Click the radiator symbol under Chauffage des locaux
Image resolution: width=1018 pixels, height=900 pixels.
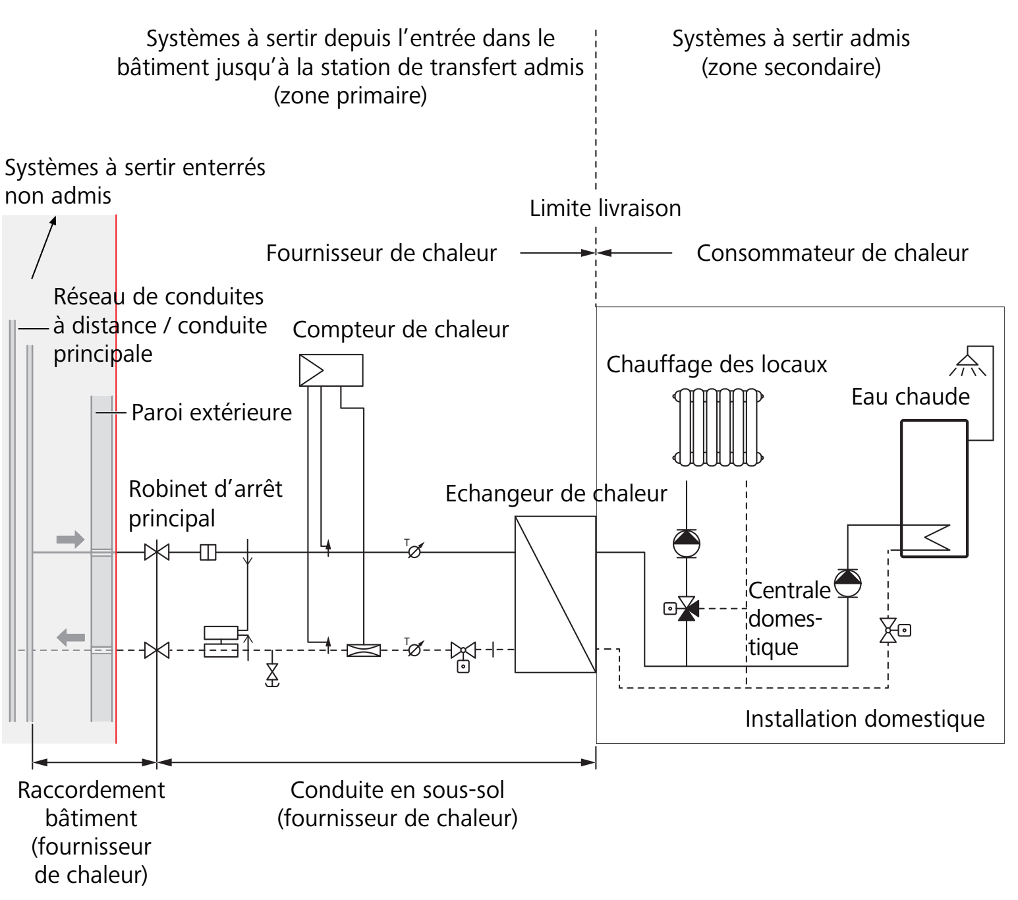718,427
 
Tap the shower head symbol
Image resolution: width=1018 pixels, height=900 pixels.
967,364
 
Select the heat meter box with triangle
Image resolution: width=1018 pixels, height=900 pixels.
331,370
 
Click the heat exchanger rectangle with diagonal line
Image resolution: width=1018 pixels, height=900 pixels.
555,594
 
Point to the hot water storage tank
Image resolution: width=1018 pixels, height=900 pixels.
934,488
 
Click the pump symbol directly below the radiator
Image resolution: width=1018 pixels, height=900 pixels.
687,544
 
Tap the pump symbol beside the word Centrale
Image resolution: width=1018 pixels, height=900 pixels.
847,583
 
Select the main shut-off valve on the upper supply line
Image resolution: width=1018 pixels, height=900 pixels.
157,552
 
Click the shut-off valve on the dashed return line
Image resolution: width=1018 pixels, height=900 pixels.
157,650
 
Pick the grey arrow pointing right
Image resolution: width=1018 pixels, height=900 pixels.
71,540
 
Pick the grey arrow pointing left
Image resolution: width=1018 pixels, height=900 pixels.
71,637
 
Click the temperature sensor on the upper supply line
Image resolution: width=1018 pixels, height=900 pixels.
414,551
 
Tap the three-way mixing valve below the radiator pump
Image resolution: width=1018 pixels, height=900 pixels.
687,608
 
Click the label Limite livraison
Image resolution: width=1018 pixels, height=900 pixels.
605,208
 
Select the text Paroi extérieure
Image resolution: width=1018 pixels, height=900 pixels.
212,412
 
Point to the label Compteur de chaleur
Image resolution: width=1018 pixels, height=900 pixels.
401,329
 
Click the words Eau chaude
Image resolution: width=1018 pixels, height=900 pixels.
911,397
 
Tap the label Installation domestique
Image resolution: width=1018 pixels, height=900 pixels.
864,719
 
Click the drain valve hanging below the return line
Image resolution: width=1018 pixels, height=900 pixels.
272,673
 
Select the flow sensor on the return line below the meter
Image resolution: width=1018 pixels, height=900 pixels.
364,650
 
